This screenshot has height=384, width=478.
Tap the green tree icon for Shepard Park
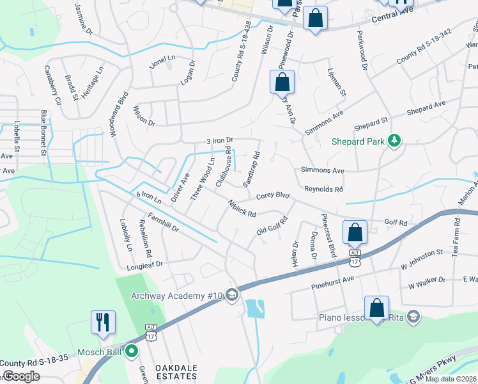pos(395,140)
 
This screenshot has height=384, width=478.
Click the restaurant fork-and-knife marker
pos(103,323)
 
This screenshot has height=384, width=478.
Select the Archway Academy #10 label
pos(176,296)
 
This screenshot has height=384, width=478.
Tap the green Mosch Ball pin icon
pos(132,351)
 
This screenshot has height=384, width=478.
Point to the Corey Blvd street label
pos(273,197)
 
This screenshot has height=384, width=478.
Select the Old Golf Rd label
pos(272,226)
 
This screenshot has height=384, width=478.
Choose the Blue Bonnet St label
pos(44,133)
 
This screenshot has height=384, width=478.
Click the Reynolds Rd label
pos(323,189)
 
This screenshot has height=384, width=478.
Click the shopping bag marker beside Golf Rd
pos(355,233)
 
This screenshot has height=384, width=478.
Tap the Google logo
pos(21,376)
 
